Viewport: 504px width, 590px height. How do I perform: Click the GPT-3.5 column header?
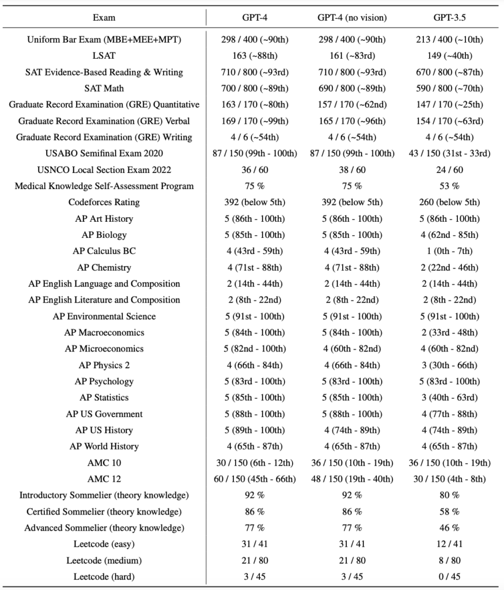pyautogui.click(x=449, y=17)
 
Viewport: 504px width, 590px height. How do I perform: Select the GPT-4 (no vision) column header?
pyautogui.click(x=352, y=17)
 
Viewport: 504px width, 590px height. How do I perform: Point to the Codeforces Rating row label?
pyautogui.click(x=104, y=202)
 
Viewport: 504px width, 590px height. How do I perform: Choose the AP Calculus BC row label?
pyautogui.click(x=104, y=251)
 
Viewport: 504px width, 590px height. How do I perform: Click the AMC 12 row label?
pyautogui.click(x=104, y=479)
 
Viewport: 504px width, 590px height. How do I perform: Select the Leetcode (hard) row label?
pyautogui.click(x=104, y=577)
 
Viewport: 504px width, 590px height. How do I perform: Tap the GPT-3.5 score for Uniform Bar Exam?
pyautogui.click(x=449, y=40)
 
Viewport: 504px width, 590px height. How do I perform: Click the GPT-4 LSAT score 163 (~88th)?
pyautogui.click(x=254, y=56)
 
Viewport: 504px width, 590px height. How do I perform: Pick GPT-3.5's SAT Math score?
pyautogui.click(x=449, y=89)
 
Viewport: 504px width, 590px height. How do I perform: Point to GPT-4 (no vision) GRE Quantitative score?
pyautogui.click(x=352, y=105)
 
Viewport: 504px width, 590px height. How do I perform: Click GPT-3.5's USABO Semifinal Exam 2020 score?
pyautogui.click(x=449, y=153)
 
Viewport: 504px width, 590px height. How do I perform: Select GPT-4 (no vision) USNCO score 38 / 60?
pyautogui.click(x=352, y=170)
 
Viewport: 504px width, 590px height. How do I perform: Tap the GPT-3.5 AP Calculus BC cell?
pyautogui.click(x=449, y=251)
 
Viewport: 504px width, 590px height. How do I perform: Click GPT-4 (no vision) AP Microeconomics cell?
pyautogui.click(x=352, y=349)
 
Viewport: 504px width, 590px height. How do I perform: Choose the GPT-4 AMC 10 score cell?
pyautogui.click(x=254, y=463)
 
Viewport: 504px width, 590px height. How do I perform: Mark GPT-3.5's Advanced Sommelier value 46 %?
pyautogui.click(x=449, y=528)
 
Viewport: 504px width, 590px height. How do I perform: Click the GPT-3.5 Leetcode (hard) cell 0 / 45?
pyautogui.click(x=449, y=577)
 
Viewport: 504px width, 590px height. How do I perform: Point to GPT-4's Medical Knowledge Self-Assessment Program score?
pyautogui.click(x=254, y=186)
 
